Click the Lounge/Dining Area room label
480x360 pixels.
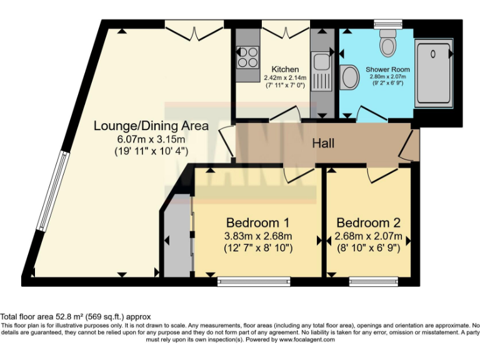coord(151,125)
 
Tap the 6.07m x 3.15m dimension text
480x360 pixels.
coord(151,139)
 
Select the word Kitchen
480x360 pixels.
coord(284,69)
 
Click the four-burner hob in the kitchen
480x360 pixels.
coord(248,57)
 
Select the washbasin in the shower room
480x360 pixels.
coord(350,78)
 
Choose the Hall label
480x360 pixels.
coord(323,143)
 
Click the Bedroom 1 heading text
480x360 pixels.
coord(257,222)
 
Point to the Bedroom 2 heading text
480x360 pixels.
coord(368,222)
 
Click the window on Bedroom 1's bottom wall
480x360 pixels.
coord(254,281)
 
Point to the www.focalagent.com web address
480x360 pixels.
coord(307,340)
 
